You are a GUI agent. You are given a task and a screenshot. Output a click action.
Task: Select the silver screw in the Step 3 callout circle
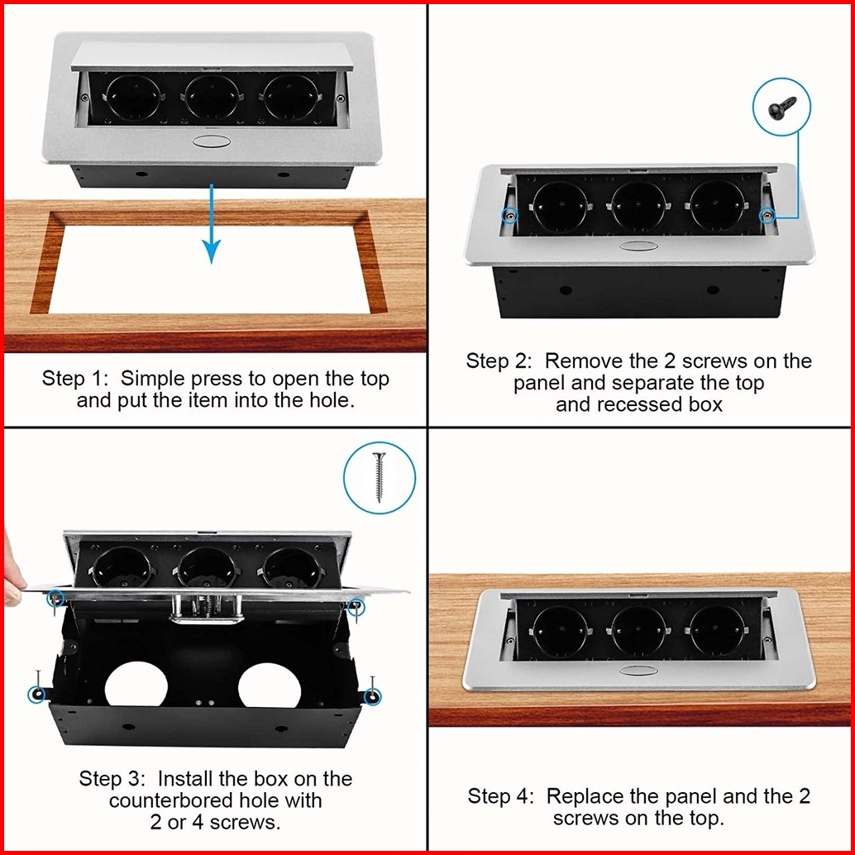[x=379, y=477]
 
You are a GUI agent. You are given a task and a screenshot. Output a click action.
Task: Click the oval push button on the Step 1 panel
[x=212, y=141]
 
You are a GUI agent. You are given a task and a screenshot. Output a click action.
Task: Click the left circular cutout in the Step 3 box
[x=137, y=685]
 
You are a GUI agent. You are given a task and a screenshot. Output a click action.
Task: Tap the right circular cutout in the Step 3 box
[x=270, y=685]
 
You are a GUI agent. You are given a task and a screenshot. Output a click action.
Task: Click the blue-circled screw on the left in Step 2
[x=510, y=216]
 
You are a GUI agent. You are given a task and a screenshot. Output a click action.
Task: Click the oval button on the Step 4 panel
[x=638, y=670]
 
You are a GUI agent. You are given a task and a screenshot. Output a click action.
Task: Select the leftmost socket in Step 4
[x=560, y=631]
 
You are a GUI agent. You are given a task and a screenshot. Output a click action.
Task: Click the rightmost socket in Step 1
[x=290, y=98]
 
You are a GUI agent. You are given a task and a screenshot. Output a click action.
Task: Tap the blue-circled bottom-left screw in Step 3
[x=37, y=694]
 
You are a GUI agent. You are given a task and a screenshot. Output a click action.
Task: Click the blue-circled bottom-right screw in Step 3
[x=373, y=696]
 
